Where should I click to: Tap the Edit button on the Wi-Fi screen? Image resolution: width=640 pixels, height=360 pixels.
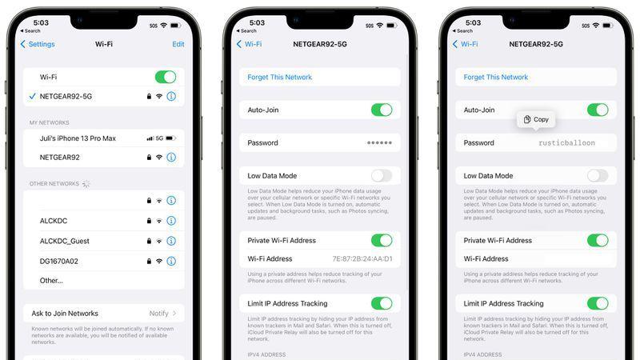pyautogui.click(x=178, y=44)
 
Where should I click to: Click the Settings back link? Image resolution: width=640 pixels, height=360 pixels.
pyautogui.click(x=38, y=44)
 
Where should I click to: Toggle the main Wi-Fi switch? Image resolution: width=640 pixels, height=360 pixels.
pyautogui.click(x=165, y=77)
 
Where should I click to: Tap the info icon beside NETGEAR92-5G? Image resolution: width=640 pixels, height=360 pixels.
pyautogui.click(x=170, y=96)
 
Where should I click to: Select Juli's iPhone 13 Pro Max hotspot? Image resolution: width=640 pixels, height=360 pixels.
pyautogui.click(x=78, y=138)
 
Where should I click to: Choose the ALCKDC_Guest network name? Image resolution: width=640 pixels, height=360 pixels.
pyautogui.click(x=64, y=241)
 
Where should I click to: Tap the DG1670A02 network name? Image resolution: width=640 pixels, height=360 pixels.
pyautogui.click(x=59, y=261)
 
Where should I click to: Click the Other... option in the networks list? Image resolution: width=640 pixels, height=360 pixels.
pyautogui.click(x=51, y=281)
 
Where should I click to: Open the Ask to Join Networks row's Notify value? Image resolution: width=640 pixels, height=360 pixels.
pyautogui.click(x=158, y=314)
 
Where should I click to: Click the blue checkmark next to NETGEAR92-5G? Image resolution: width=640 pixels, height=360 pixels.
pyautogui.click(x=31, y=96)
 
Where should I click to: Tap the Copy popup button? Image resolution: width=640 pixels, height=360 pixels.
pyautogui.click(x=536, y=119)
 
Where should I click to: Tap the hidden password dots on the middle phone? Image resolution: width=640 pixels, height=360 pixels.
pyautogui.click(x=379, y=143)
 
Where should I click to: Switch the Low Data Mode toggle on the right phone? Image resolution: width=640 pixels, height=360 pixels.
pyautogui.click(x=597, y=175)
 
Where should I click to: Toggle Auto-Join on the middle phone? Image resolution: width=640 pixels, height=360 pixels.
pyautogui.click(x=381, y=110)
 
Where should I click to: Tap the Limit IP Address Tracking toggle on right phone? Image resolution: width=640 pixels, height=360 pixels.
pyautogui.click(x=597, y=303)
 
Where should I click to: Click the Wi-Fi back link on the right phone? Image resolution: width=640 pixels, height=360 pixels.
pyautogui.click(x=466, y=44)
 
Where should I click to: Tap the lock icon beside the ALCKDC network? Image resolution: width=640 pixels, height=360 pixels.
pyautogui.click(x=149, y=221)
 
